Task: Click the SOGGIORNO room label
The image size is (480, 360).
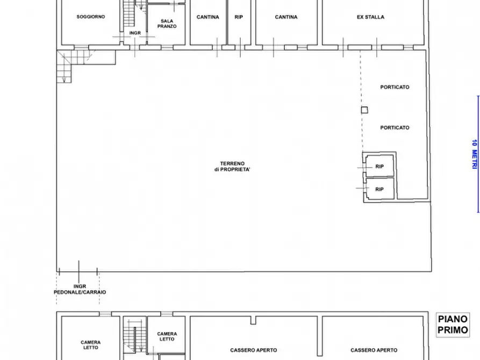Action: click(x=90, y=17)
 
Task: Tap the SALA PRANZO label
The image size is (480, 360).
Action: click(x=167, y=23)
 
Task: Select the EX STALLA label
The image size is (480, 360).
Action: click(x=370, y=17)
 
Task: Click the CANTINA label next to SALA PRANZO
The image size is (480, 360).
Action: click(x=207, y=17)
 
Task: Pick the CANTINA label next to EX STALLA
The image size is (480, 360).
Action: click(x=286, y=17)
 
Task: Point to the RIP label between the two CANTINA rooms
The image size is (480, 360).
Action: click(x=239, y=17)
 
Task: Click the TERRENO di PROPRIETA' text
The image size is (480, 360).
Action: click(x=232, y=167)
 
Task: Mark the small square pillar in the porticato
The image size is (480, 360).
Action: click(x=364, y=110)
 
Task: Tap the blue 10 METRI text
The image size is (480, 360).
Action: click(x=474, y=156)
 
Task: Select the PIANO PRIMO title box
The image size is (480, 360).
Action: click(x=453, y=325)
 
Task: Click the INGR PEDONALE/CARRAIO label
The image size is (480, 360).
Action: click(x=80, y=289)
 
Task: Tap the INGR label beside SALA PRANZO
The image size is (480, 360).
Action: click(x=135, y=33)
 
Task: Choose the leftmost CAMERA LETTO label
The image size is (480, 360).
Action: click(x=90, y=345)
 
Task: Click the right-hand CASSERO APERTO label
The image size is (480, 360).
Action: click(x=374, y=350)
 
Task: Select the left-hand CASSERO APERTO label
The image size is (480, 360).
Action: click(x=254, y=350)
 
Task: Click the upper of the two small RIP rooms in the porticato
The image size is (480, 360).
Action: click(x=379, y=167)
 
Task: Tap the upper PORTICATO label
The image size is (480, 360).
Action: click(x=395, y=87)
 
